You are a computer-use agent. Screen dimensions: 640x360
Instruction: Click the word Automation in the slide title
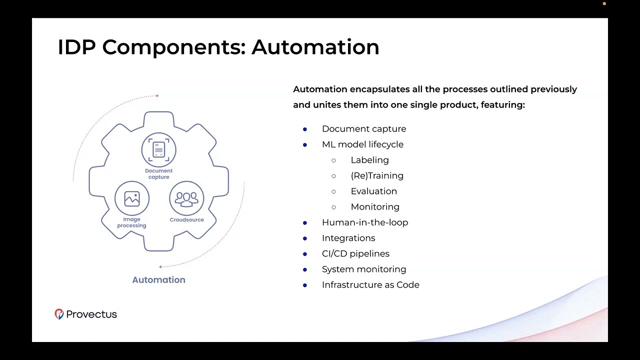pyautogui.click(x=315, y=47)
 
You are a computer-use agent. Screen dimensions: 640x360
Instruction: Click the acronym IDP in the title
pyautogui.click(x=76, y=47)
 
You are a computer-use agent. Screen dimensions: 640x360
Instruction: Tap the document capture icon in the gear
pyautogui.click(x=159, y=149)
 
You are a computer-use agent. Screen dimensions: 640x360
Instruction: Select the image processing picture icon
pyautogui.click(x=132, y=198)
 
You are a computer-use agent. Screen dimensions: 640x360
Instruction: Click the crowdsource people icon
pyautogui.click(x=186, y=198)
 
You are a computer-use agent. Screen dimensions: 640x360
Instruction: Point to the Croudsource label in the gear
pyautogui.click(x=187, y=219)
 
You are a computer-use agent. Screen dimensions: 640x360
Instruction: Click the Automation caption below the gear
pyautogui.click(x=159, y=279)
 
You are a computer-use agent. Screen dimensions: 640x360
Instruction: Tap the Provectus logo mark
pyautogui.click(x=59, y=314)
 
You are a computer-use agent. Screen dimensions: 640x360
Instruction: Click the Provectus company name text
pyautogui.click(x=91, y=314)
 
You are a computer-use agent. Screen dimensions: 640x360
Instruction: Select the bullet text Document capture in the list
pyautogui.click(x=364, y=129)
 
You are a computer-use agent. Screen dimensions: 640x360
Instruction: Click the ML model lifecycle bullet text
pyautogui.click(x=363, y=144)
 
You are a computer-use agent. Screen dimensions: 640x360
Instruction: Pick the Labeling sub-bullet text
pyautogui.click(x=369, y=160)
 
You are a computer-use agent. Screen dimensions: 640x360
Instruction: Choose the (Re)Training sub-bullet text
pyautogui.click(x=377, y=175)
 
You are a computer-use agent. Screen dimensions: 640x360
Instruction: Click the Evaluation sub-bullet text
pyautogui.click(x=374, y=191)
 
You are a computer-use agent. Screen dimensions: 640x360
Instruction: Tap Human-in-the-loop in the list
pyautogui.click(x=365, y=222)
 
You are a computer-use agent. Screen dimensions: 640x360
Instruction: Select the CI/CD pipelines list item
pyautogui.click(x=355, y=253)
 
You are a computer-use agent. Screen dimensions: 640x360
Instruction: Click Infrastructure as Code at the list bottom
pyautogui.click(x=370, y=285)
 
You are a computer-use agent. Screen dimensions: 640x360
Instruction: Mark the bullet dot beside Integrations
pyautogui.click(x=305, y=238)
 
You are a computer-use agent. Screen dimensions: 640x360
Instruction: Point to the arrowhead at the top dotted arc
pyautogui.click(x=157, y=95)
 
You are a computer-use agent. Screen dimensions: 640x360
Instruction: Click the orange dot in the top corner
pyautogui.click(x=604, y=3)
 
